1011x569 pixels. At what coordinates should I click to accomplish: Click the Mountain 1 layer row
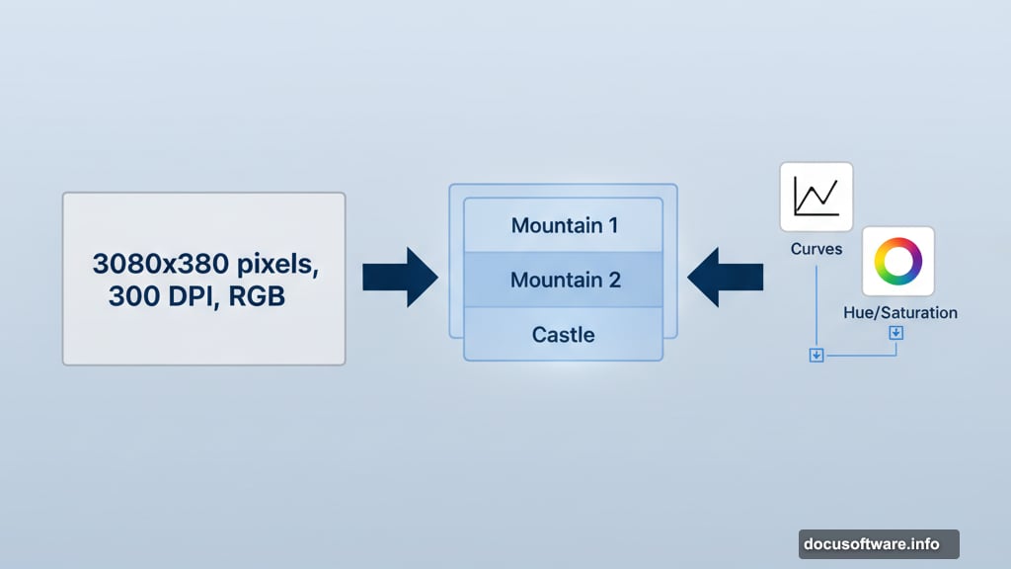pyautogui.click(x=564, y=225)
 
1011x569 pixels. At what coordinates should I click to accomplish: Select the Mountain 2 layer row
pyautogui.click(x=564, y=280)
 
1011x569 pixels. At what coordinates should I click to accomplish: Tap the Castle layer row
pyautogui.click(x=564, y=334)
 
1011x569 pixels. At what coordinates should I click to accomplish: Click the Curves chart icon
pyautogui.click(x=816, y=197)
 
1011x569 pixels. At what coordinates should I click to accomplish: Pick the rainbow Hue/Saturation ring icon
pyautogui.click(x=897, y=262)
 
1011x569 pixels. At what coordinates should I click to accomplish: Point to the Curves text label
pyautogui.click(x=816, y=249)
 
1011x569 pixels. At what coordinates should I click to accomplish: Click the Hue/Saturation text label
pyautogui.click(x=900, y=313)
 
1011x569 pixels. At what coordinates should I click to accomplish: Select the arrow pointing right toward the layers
pyautogui.click(x=400, y=278)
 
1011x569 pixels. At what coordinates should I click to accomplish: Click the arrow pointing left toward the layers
pyautogui.click(x=726, y=278)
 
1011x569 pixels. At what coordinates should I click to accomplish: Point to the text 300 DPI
pyautogui.click(x=158, y=296)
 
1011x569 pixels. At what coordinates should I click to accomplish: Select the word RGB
pyautogui.click(x=256, y=296)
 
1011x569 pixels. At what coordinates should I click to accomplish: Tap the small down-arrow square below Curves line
pyautogui.click(x=817, y=355)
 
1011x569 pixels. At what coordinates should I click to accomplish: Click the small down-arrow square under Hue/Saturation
pyautogui.click(x=895, y=333)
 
